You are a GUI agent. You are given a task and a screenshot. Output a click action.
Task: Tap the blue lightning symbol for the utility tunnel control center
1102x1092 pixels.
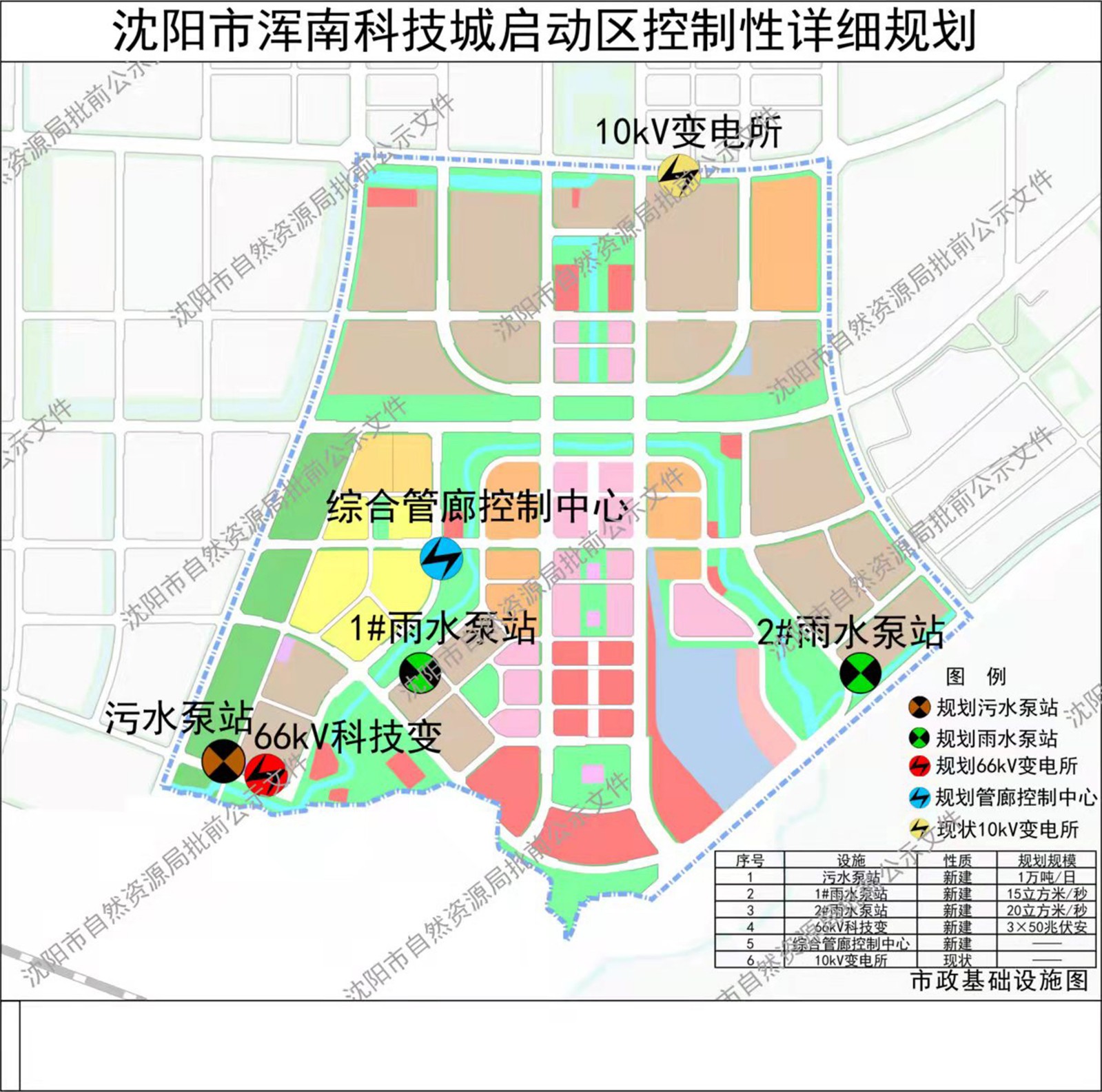point(441,559)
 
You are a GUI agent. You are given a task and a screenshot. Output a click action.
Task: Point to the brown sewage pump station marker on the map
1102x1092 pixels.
point(223,761)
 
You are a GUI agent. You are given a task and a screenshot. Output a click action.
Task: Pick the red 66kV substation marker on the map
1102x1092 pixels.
point(265,774)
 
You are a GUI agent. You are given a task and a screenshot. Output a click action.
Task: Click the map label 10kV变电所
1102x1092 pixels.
point(688,132)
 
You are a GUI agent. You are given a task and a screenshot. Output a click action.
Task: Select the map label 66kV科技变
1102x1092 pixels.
point(348,737)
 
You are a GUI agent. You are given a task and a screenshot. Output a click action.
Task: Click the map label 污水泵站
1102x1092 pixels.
point(178,719)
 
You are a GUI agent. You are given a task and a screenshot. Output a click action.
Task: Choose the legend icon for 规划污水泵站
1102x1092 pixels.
point(920,707)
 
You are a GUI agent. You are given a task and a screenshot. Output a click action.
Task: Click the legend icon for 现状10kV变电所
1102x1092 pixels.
point(920,829)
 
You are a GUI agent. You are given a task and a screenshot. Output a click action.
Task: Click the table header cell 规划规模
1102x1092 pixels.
point(1046,860)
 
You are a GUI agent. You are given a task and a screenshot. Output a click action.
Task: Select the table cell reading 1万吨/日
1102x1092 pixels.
point(1046,877)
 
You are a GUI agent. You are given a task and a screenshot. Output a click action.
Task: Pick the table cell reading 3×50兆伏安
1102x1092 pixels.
point(1046,927)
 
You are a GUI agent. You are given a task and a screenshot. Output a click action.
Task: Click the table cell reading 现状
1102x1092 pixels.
point(957,960)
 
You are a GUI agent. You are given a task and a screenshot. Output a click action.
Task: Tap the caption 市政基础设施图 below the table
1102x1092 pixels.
point(999,980)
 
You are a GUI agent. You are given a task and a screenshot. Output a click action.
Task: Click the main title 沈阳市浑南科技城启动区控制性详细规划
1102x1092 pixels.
point(544,32)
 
